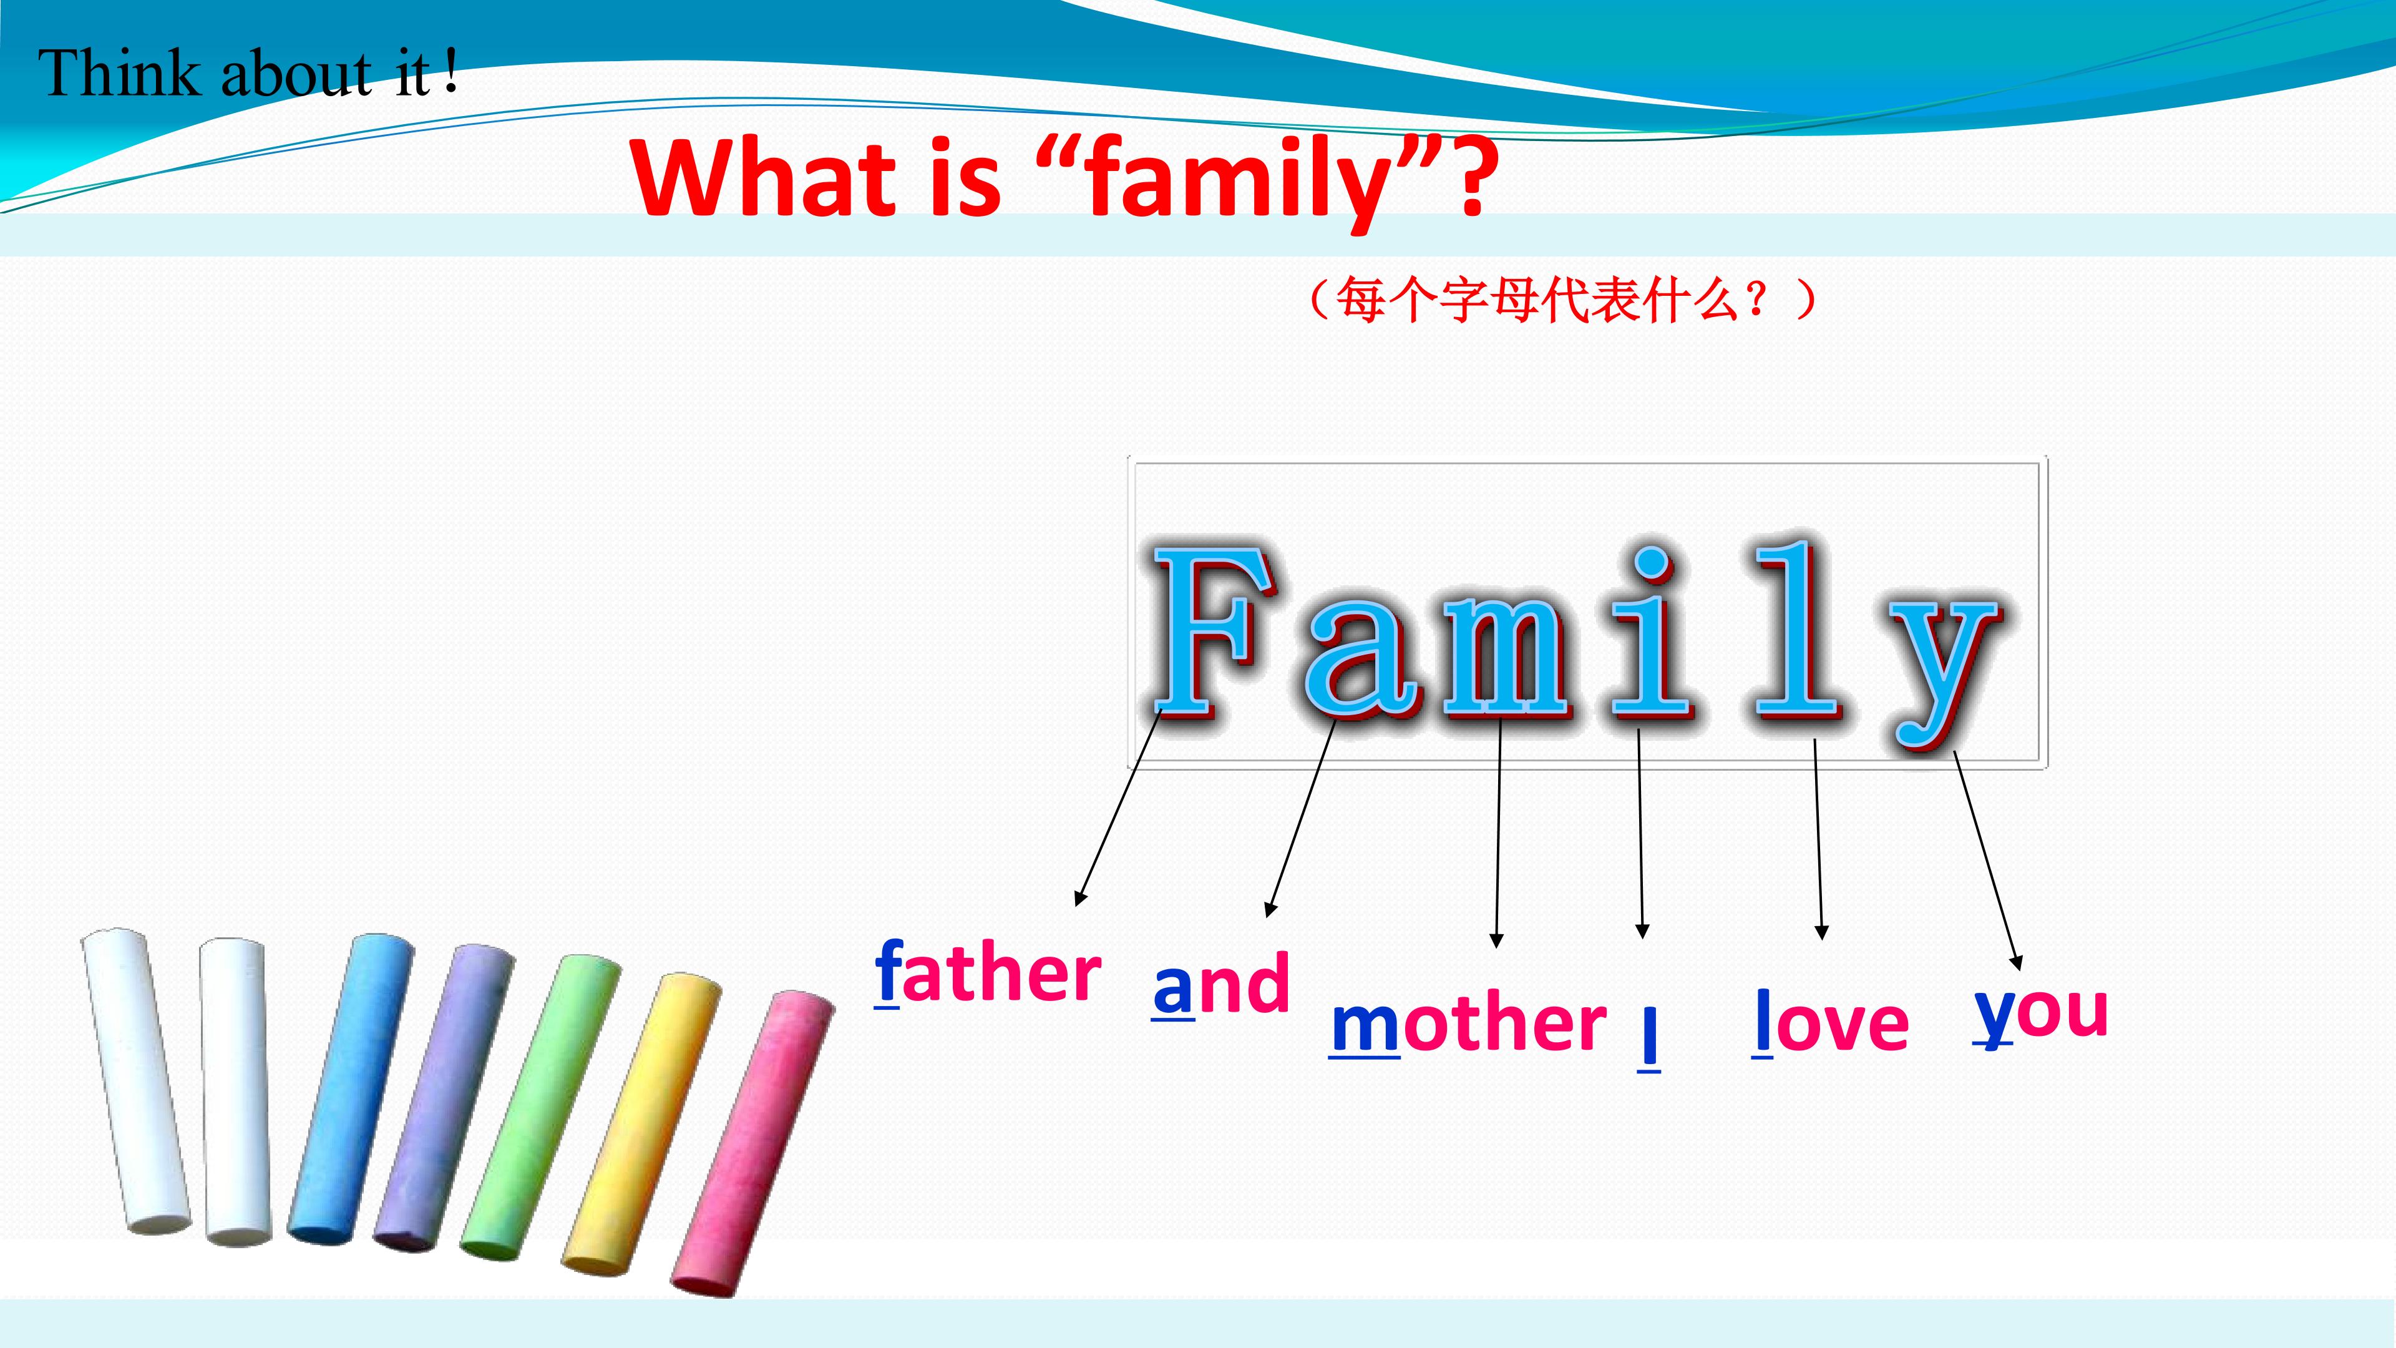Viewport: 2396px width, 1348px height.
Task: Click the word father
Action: (988, 973)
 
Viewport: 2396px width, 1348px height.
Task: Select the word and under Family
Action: (1220, 984)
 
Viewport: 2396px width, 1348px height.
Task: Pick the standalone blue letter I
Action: (1648, 1037)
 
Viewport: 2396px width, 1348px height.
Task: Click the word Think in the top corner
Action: (119, 72)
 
